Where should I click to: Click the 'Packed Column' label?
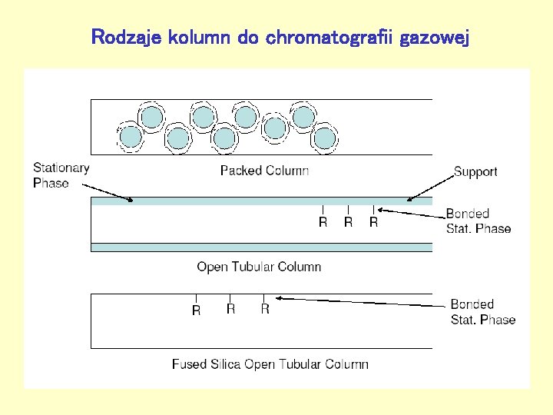tap(264, 171)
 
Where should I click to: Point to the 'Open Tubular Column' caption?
tap(259, 267)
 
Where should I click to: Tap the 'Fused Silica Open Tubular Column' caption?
tap(270, 364)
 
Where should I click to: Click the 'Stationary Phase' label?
tap(61, 175)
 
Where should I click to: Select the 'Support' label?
tap(475, 172)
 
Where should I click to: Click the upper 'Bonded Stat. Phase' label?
tap(478, 221)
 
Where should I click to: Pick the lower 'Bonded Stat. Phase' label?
tap(482, 312)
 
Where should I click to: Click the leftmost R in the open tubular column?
tap(323, 223)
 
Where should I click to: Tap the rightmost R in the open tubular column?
tap(373, 222)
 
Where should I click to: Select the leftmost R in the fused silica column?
tap(196, 310)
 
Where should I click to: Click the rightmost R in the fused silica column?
tap(264, 309)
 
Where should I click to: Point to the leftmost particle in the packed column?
tap(131, 137)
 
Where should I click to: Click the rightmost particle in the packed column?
tap(325, 138)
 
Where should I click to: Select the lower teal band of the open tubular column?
tap(261, 247)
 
